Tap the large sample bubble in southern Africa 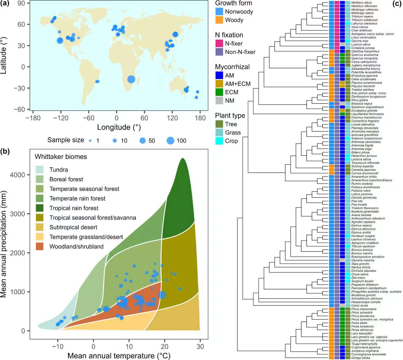131,79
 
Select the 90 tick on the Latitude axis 21,3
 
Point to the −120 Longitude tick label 61,118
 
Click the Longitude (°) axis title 119,127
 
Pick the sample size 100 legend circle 170,140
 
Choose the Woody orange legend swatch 219,20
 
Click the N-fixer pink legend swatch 219,43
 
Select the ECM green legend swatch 219,92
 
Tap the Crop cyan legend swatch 219,141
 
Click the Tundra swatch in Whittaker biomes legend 40,170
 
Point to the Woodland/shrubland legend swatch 40,246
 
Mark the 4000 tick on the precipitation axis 17,175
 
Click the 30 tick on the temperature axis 200,346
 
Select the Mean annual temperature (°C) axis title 119,356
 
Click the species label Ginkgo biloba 361,358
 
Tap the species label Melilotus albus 361,3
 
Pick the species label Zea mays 358,278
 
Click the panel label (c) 397,4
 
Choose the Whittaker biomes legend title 61,157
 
